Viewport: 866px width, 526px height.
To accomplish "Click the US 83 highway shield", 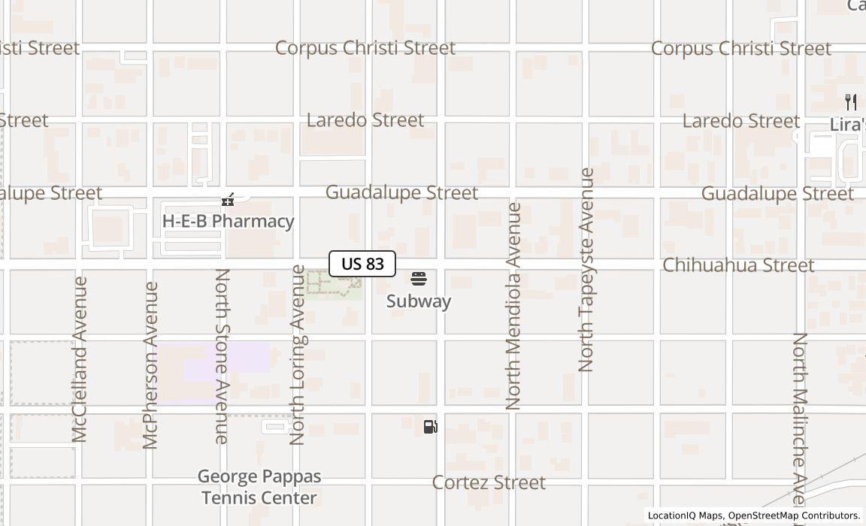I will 362,264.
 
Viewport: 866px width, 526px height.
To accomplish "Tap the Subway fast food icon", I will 419,280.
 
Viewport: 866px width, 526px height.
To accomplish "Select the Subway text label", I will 419,301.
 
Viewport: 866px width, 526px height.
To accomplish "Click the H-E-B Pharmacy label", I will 228,221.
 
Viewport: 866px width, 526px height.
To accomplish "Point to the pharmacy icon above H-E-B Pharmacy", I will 228,200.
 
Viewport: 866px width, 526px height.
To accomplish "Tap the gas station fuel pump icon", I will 430,427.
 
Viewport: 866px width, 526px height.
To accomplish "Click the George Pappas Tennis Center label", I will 259,487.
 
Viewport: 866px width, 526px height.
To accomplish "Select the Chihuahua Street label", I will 738,265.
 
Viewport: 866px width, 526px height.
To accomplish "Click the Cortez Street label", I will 489,482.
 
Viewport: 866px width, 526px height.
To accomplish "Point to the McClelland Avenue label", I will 80,359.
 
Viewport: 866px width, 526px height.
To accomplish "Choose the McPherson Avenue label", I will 151,365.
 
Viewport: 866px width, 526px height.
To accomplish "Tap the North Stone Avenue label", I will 223,356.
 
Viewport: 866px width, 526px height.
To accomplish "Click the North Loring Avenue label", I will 298,355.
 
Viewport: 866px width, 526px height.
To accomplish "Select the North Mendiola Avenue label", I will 513,306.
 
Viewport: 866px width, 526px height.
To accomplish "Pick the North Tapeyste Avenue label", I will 586,271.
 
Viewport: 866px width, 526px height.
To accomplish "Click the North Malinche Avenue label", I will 800,417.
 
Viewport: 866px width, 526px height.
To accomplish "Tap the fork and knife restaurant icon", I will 851,102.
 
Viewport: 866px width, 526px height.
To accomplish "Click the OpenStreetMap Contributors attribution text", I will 793,515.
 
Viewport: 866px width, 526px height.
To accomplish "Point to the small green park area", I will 334,286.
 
